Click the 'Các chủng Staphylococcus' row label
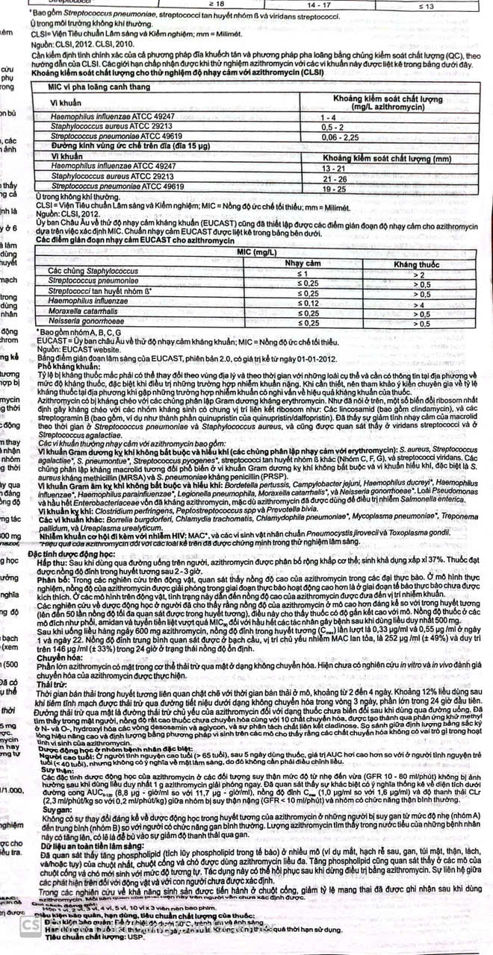tap(94, 274)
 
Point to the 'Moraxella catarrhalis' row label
tap(89, 313)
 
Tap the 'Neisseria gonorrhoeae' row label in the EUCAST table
tap(91, 322)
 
